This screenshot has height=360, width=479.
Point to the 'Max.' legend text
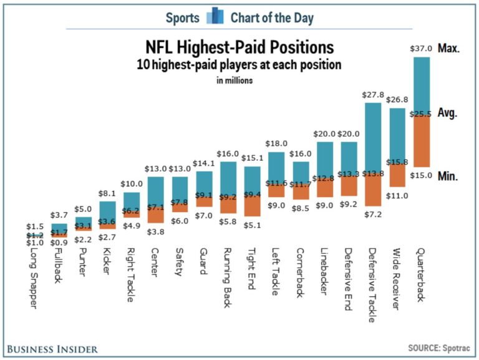448,49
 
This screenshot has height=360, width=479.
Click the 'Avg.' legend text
448,113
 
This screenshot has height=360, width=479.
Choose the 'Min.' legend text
448,177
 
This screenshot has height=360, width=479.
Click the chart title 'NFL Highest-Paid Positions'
239,47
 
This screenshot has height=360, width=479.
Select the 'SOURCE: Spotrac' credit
438,348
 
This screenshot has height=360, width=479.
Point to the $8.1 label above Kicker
108,194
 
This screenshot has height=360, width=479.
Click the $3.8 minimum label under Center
156,231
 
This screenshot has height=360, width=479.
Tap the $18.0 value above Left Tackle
276,144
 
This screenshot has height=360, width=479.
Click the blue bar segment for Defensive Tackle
373,137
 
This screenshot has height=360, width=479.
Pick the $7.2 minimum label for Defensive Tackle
373,214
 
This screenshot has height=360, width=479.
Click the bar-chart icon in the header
215,16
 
